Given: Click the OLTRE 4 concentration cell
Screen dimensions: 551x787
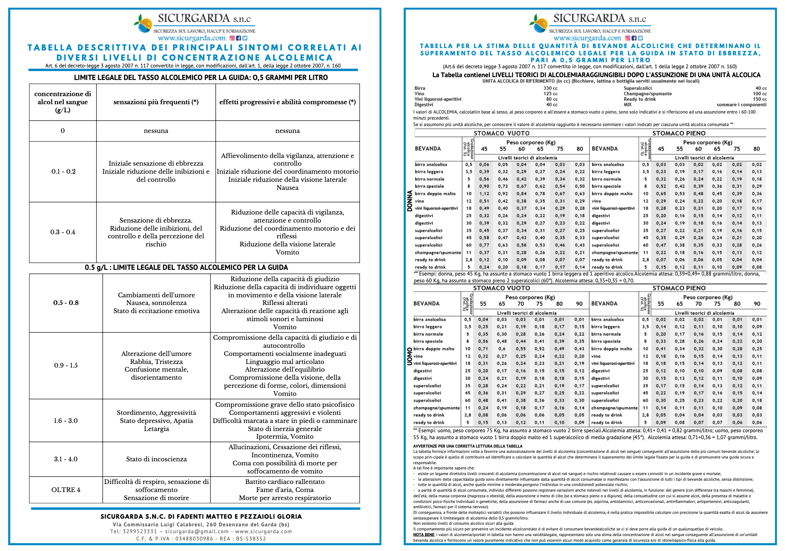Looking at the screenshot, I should (66, 490).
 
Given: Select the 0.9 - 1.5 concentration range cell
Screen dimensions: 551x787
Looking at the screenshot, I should (66, 365).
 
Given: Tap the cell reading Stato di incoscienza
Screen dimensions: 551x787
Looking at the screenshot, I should (156, 459).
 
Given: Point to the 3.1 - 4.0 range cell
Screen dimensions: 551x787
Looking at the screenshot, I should (66, 459).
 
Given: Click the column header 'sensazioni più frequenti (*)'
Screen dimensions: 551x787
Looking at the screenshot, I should (156, 102).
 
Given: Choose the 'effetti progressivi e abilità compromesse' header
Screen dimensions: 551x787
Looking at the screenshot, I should (287, 102).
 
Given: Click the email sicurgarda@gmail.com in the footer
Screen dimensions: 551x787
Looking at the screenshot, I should (197, 532).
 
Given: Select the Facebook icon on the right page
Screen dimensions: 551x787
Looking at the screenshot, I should (634, 38).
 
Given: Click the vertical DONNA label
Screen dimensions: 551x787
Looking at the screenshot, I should (409, 201).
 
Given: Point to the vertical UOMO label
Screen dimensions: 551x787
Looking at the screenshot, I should (409, 356).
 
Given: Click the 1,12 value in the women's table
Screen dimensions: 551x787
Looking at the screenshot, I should (484, 193).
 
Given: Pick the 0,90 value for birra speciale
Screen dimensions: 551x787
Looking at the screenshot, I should (484, 186).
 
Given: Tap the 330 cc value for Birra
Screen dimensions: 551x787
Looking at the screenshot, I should (550, 88).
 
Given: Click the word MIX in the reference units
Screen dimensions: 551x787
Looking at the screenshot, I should (627, 105).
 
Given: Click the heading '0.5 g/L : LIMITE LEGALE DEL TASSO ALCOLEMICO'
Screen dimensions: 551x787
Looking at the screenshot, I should (186, 267).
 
